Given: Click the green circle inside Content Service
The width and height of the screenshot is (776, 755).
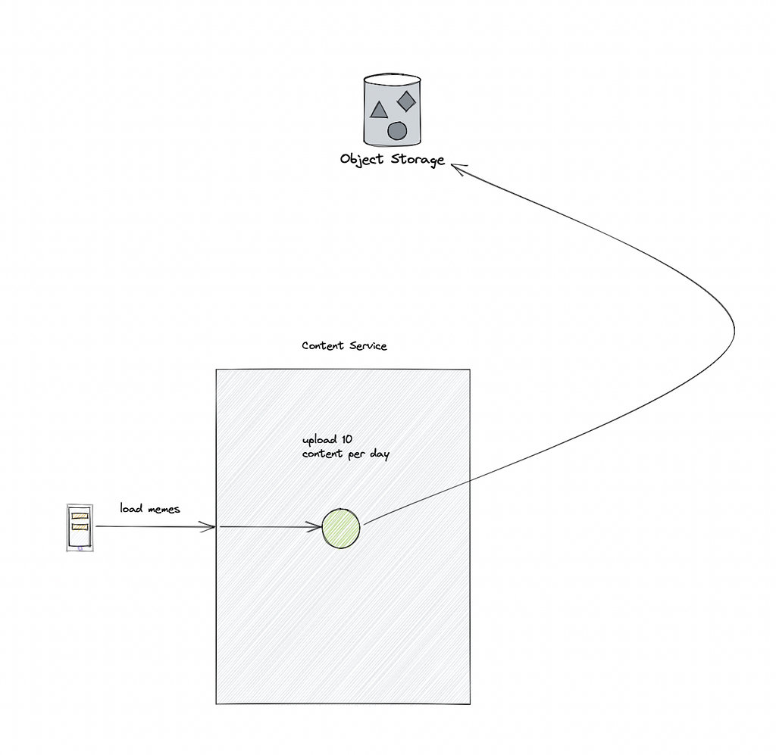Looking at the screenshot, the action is pos(341,528).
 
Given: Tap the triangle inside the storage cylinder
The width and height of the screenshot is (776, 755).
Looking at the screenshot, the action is pos(379,111).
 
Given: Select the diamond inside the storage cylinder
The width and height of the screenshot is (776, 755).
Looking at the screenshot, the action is pos(406,101).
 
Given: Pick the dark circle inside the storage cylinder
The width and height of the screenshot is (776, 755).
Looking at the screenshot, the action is pos(397,131).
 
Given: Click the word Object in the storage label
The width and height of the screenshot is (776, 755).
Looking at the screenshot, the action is pos(361,159).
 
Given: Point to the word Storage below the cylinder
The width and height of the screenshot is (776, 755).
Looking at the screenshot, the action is pos(418,159).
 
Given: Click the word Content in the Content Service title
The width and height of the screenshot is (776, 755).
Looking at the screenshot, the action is pos(323,345).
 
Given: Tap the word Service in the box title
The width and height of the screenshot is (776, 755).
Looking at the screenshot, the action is pos(368,345).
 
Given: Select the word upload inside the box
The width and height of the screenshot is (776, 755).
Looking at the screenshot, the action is pos(320,439).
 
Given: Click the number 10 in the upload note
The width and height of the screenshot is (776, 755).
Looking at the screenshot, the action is pos(347,439).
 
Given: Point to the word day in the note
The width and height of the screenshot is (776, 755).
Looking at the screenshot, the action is pos(380,454).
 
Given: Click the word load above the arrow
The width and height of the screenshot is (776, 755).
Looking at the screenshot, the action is pos(131,508).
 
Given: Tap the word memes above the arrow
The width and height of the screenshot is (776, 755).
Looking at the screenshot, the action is pos(164,510).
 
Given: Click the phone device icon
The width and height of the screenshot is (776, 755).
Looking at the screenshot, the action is pos(80,528).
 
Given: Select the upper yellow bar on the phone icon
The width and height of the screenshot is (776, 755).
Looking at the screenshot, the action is pos(80,516).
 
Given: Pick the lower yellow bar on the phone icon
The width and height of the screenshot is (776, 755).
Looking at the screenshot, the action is pos(80,527).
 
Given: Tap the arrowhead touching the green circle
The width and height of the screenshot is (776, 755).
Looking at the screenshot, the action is pos(314,527).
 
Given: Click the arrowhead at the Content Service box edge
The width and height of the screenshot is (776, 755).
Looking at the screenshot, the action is pos(208,526).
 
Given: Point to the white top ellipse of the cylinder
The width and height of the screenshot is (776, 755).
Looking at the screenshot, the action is pos(393,79).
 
